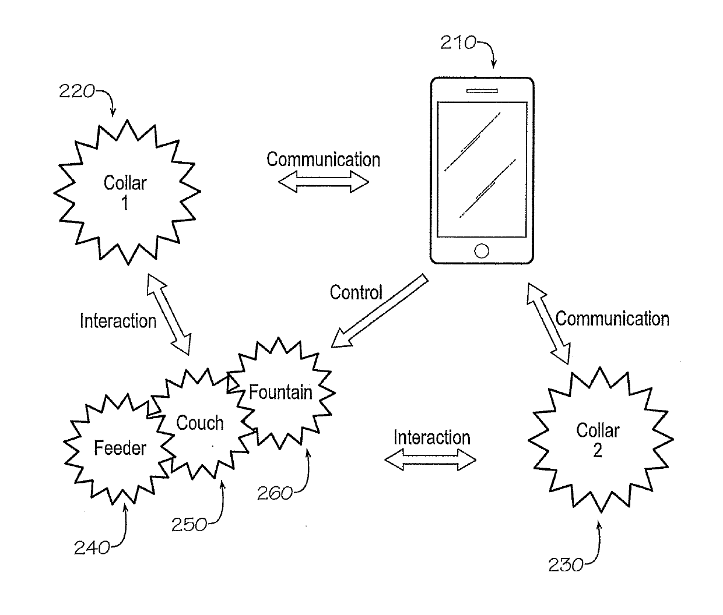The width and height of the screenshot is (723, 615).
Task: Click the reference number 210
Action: (x=458, y=43)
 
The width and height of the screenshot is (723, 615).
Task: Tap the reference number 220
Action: (x=76, y=91)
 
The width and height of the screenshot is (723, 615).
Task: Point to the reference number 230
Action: (x=565, y=565)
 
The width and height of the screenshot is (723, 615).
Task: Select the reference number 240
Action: (x=92, y=547)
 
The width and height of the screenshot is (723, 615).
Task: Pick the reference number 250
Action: (x=188, y=525)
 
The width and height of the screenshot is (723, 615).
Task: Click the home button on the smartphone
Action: (x=482, y=250)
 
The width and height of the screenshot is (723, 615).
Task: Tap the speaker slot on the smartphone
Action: (x=482, y=91)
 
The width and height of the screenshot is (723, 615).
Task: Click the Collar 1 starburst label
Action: (x=125, y=192)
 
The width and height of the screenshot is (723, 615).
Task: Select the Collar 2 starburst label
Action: (x=598, y=440)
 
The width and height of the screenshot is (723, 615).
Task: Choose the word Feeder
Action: (x=120, y=448)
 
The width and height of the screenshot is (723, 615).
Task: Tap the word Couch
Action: (x=199, y=423)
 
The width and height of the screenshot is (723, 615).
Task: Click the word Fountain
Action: (x=280, y=393)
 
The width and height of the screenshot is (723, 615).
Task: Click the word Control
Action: (x=356, y=292)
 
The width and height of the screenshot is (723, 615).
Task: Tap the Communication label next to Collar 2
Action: (x=612, y=319)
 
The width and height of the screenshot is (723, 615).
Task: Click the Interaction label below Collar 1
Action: (x=118, y=321)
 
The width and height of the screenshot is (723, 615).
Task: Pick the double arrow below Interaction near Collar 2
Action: (x=430, y=461)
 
